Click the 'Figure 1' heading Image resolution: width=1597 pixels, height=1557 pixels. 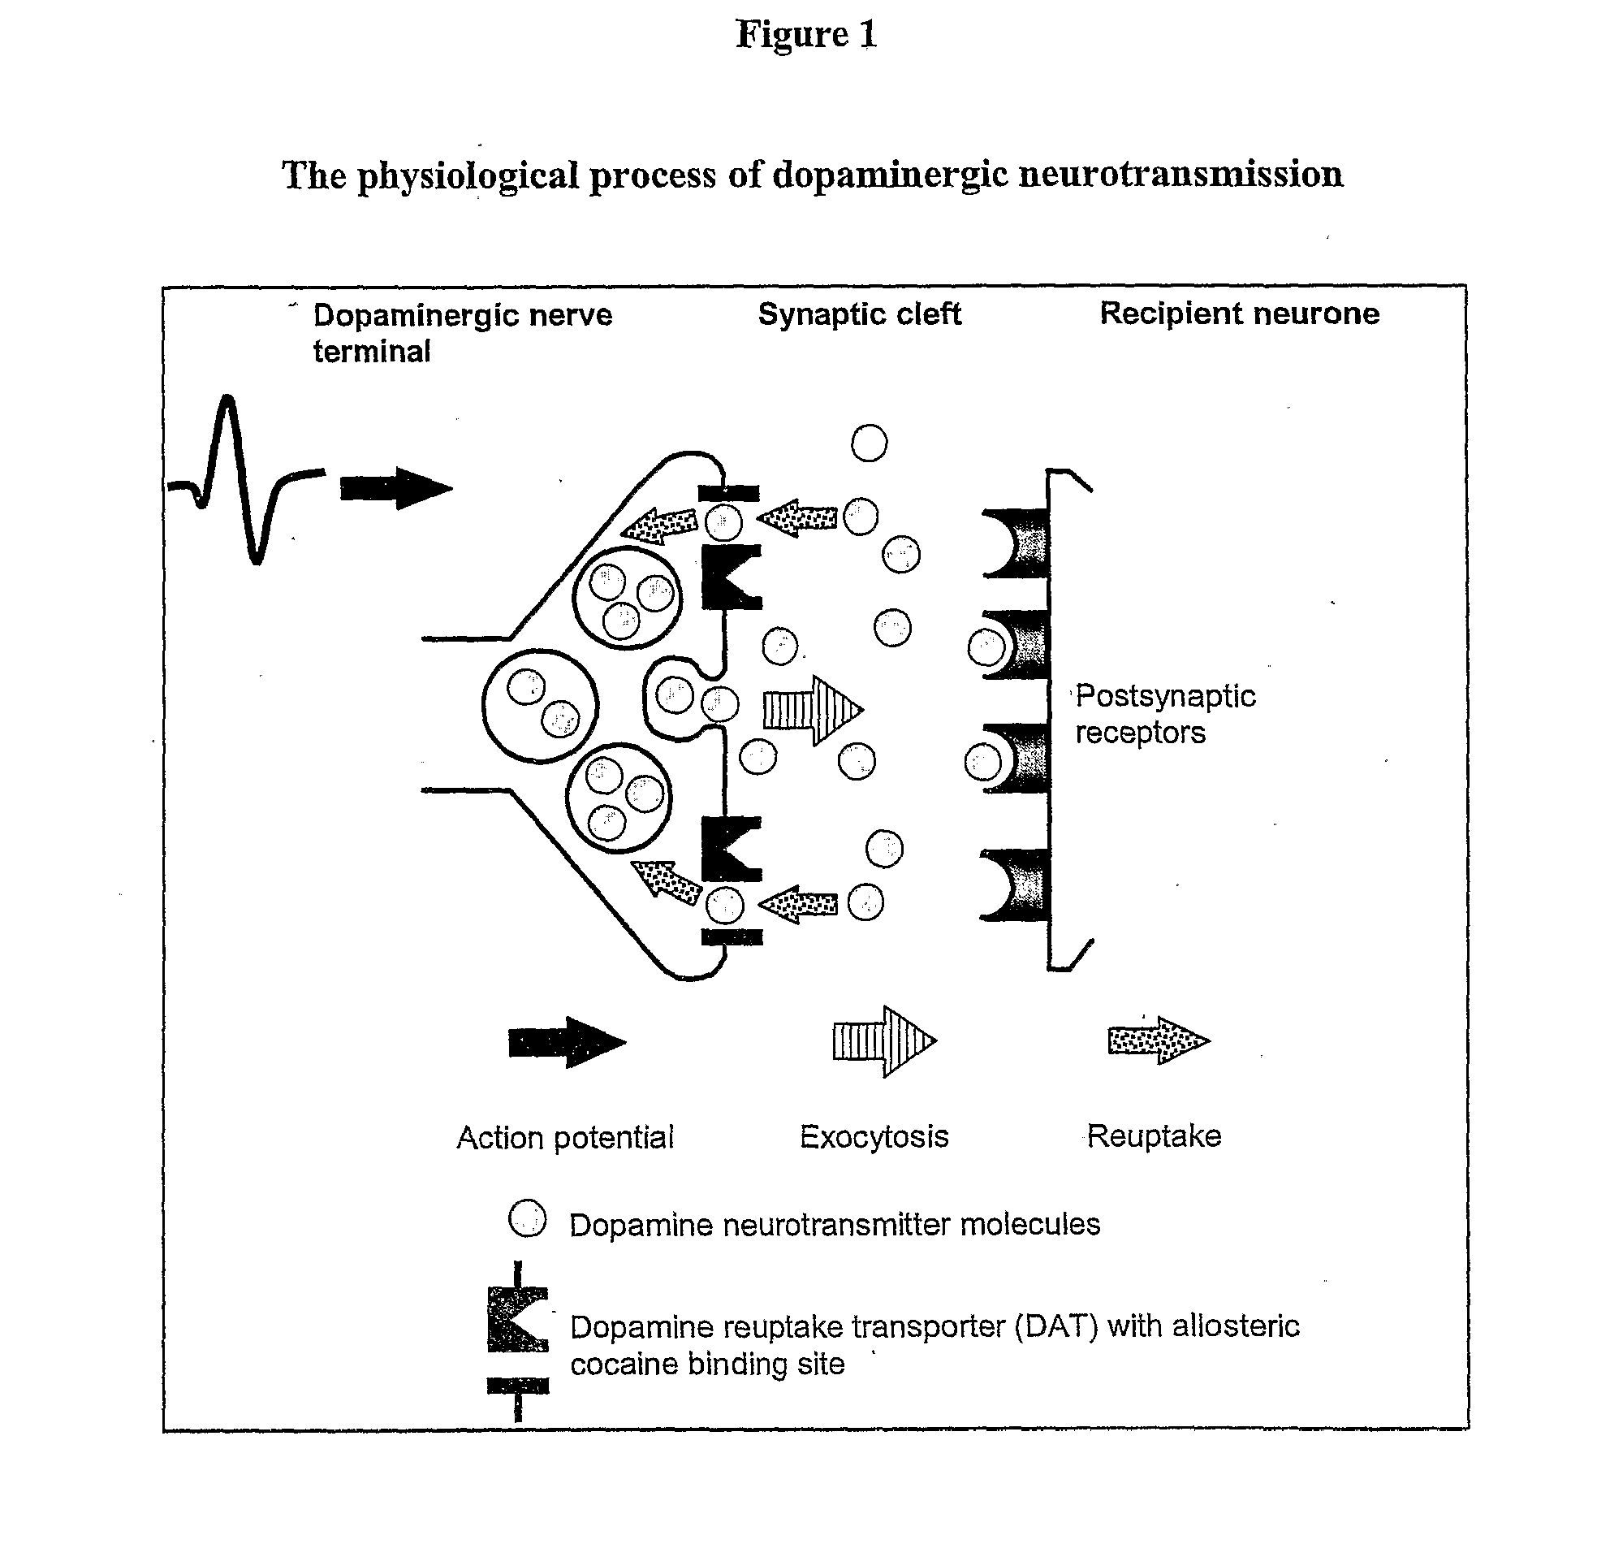(807, 34)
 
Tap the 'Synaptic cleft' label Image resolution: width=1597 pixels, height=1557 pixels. (859, 315)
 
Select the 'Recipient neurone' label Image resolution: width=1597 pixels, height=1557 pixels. (1239, 314)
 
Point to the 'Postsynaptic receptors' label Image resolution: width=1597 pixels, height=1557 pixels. (1164, 714)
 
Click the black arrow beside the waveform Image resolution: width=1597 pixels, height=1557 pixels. (395, 488)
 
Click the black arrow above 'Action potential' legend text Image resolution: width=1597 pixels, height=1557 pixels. (568, 1042)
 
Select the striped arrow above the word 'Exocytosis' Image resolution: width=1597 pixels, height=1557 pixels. (884, 1041)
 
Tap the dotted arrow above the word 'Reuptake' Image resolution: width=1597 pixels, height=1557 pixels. (1159, 1040)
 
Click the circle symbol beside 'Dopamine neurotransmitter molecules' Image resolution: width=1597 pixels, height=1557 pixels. (527, 1218)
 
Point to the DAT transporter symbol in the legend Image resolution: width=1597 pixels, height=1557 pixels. (517, 1341)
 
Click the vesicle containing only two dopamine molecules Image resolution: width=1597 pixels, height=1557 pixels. (540, 706)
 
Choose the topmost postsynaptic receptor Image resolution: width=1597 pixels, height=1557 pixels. (1016, 543)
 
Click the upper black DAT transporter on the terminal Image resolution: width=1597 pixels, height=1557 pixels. (731, 577)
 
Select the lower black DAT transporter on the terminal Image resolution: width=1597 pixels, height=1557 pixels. (731, 848)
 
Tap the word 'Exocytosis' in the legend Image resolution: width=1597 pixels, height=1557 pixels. (874, 1136)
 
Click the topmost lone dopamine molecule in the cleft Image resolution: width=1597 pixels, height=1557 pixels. (869, 443)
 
